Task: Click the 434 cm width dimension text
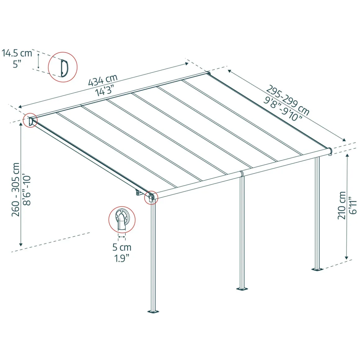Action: pos(103,80)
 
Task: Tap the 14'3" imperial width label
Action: pos(105,90)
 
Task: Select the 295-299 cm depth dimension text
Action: pos(288,100)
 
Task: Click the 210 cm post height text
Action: pos(342,205)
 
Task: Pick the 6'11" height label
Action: pos(353,205)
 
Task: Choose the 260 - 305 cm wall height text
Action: pos(16,190)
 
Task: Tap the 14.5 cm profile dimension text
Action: pos(17,53)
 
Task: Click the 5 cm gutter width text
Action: pos(122,247)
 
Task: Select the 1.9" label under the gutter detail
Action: pos(122,258)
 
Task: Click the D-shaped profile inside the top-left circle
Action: pos(65,68)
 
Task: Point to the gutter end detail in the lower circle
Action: pos(122,219)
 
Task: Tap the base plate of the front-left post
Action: pos(153,312)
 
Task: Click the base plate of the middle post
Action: pos(242,289)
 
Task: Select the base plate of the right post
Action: pos(317,269)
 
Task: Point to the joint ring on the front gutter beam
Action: pos(241,174)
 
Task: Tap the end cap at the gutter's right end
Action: pos(330,151)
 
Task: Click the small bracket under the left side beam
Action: pos(138,192)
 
